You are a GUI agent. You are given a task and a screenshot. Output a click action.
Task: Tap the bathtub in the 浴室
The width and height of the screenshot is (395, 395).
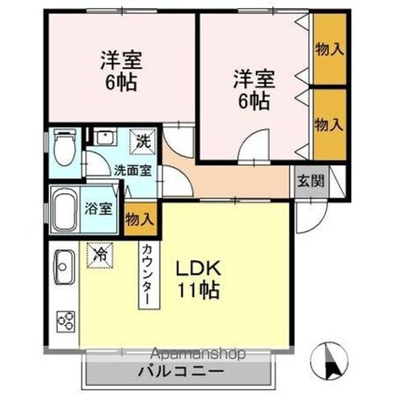tap(64, 210)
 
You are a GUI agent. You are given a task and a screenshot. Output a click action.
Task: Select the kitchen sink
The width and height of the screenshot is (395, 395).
tap(64, 267)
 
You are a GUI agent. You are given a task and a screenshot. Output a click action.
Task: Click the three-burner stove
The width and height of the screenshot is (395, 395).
tap(66, 322)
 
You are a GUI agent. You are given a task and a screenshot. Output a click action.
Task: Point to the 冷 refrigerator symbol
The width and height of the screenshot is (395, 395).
tap(100, 255)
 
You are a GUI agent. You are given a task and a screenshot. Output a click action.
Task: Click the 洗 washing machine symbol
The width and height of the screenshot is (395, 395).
tap(142, 141)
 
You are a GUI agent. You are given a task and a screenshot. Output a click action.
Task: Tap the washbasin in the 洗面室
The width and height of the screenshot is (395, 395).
tap(106, 137)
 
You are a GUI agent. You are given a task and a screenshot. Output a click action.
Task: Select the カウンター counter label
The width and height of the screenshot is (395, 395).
tap(149, 274)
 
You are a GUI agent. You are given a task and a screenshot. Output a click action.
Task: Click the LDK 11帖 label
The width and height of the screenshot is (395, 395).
tap(198, 279)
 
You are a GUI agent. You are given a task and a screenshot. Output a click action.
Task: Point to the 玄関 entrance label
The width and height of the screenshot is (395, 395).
tap(310, 181)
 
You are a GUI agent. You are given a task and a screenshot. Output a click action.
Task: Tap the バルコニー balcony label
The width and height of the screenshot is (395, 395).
tap(180, 371)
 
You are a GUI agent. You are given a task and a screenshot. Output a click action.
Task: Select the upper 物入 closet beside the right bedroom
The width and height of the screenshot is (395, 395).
tap(330, 49)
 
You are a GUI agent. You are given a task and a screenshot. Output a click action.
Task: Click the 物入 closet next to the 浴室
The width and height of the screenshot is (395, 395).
tap(139, 218)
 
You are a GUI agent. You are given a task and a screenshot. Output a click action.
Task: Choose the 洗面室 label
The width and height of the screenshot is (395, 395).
tap(133, 170)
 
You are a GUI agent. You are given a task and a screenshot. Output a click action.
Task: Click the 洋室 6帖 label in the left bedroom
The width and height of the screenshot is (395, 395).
tap(121, 71)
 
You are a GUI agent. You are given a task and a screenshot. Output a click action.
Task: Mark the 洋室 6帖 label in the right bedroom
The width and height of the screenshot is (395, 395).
tap(254, 89)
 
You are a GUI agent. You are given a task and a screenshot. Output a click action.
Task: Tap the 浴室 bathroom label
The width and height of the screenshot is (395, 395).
tap(99, 209)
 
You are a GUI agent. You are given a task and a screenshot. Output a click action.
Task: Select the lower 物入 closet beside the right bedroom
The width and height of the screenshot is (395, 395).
tap(330, 125)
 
